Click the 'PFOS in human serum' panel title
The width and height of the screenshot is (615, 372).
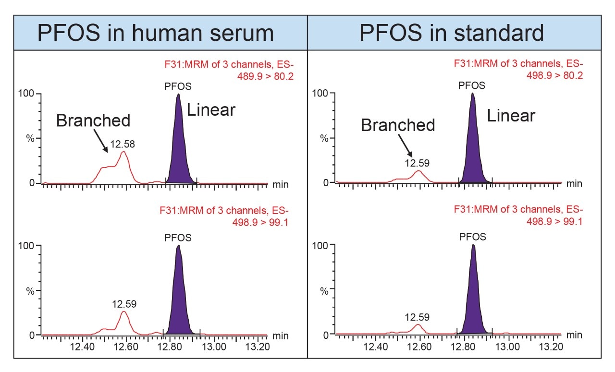pos(156,33)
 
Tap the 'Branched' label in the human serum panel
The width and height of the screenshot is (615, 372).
pos(93,120)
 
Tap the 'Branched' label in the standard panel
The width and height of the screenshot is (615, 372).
pos(398,125)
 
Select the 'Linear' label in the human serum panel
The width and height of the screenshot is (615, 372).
pos(211,110)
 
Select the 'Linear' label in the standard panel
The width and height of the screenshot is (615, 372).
pos(511,116)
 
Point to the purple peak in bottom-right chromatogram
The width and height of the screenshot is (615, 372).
pos(474,298)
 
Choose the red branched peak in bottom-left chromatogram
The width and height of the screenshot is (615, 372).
pos(124,321)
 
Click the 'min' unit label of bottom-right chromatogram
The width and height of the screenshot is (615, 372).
pos(574,335)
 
